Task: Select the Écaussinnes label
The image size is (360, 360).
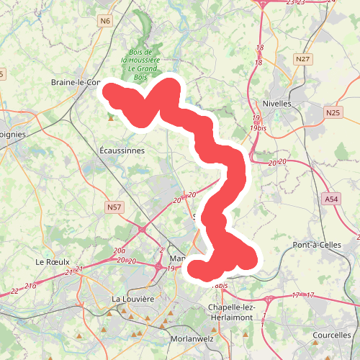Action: pyautogui.click(x=122, y=151)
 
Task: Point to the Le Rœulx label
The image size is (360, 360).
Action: pyautogui.click(x=52, y=261)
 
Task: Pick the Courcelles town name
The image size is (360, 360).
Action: pyautogui.click(x=332, y=336)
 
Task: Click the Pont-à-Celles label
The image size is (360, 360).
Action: pyautogui.click(x=317, y=246)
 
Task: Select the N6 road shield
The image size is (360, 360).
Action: pyautogui.click(x=107, y=21)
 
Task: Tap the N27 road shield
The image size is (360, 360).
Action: pyautogui.click(x=302, y=59)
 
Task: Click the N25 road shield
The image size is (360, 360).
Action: pyautogui.click(x=332, y=112)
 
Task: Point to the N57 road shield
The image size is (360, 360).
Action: pyautogui.click(x=113, y=208)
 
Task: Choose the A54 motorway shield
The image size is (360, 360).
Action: pyautogui.click(x=330, y=199)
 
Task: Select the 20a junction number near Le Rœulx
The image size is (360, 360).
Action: pyautogui.click(x=120, y=250)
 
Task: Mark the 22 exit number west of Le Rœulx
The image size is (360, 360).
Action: pyautogui.click(x=15, y=291)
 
